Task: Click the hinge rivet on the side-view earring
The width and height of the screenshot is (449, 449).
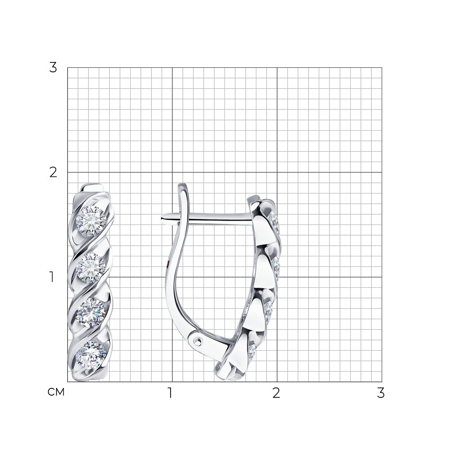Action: click(x=197, y=341)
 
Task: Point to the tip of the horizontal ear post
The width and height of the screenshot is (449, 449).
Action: click(x=160, y=220)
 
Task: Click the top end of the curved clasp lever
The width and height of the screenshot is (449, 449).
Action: click(x=183, y=185)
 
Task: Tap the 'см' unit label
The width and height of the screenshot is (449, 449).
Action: click(x=56, y=392)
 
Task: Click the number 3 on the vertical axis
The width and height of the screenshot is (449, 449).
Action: click(x=53, y=68)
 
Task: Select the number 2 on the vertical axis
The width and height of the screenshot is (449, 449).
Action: click(x=53, y=172)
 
